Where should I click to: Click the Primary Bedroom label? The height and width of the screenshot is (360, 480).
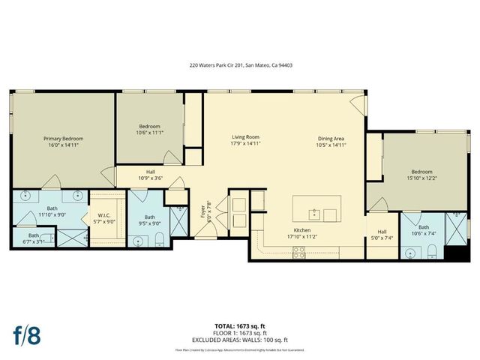(62, 139)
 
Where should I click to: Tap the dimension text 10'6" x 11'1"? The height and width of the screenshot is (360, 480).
(150, 133)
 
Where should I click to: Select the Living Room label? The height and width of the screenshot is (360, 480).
(245, 137)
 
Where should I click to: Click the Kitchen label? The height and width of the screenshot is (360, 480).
(302, 229)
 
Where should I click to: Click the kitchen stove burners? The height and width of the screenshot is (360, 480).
(298, 253)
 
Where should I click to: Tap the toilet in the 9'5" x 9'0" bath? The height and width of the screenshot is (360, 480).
(160, 241)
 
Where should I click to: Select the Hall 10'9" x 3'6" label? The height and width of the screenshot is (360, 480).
(151, 175)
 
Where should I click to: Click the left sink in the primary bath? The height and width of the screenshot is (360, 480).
(26, 196)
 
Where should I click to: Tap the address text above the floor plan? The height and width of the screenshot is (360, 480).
(240, 65)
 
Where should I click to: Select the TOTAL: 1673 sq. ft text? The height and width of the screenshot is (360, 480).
(240, 326)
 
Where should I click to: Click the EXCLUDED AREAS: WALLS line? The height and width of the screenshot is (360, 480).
(240, 339)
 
